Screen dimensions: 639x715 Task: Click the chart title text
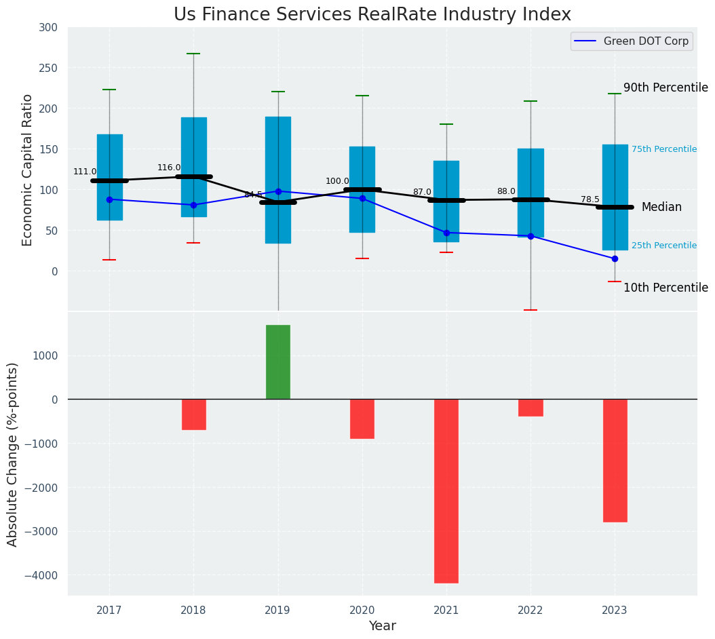coord(372,15)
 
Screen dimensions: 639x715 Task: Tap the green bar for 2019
coord(278,362)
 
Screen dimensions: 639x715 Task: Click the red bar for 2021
coord(446,490)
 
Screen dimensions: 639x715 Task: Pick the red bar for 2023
coord(615,460)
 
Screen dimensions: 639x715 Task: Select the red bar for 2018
coord(194,414)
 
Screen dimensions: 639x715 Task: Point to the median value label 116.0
coord(169,168)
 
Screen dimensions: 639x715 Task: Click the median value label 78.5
coord(590,199)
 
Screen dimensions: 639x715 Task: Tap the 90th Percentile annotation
coord(665,88)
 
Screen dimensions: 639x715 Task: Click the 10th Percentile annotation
coord(665,288)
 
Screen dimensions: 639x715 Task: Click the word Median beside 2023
coord(661,208)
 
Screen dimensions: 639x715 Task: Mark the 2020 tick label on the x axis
coord(362,611)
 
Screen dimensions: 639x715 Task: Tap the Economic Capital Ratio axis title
coord(28,170)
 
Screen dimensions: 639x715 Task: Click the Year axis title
coord(382,626)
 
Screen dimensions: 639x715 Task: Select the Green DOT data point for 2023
coord(615,258)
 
